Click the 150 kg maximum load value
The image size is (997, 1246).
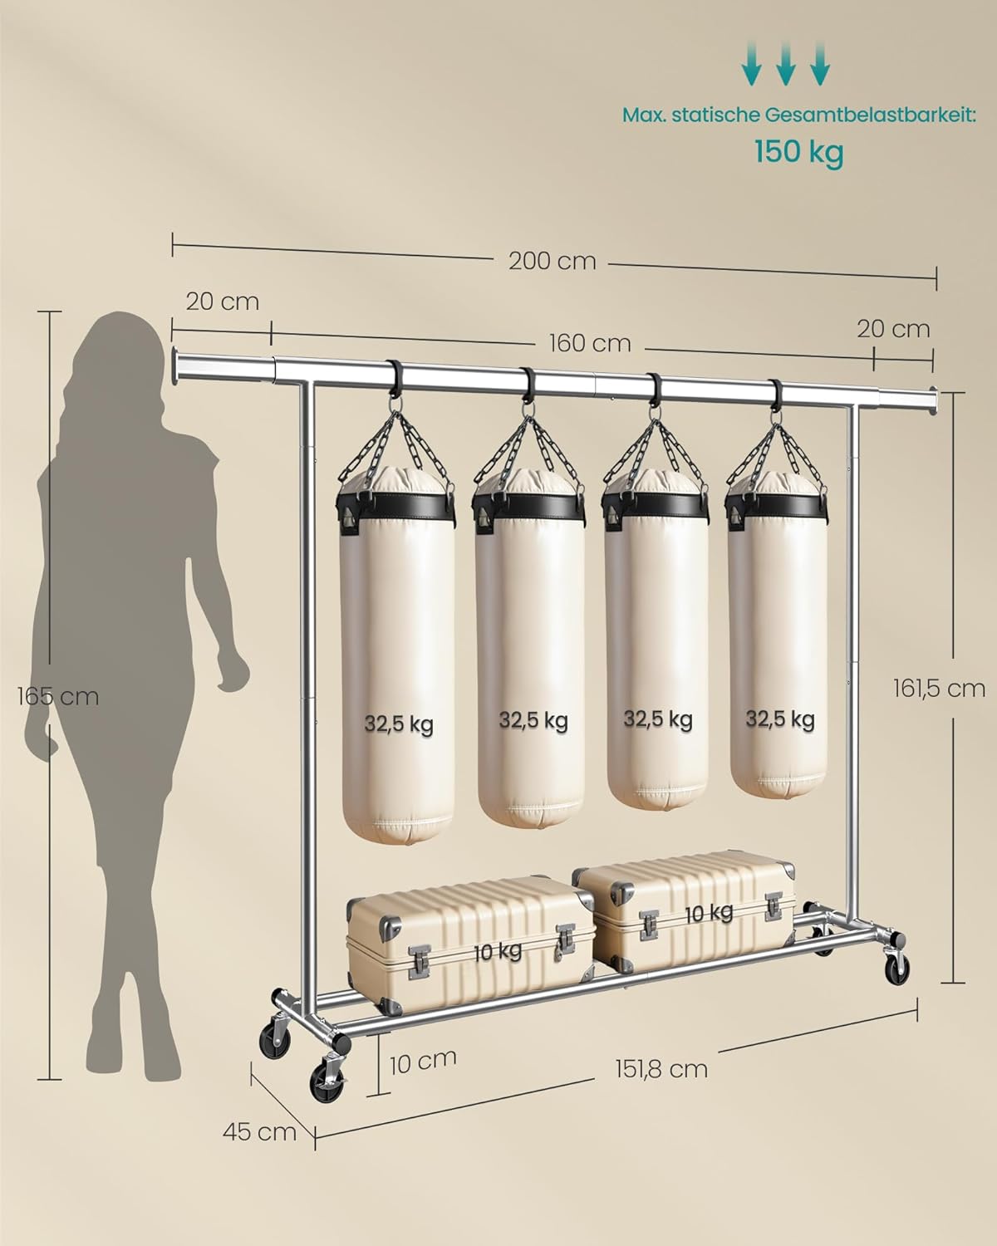(798, 152)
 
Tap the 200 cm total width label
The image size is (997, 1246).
(553, 261)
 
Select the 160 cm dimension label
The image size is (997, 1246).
(589, 343)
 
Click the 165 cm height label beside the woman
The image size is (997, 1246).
(58, 696)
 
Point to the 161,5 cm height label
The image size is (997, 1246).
(939, 688)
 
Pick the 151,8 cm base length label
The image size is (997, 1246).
(662, 1068)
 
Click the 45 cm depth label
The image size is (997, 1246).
(259, 1131)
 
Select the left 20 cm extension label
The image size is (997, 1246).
(222, 301)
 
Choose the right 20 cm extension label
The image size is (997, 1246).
(893, 329)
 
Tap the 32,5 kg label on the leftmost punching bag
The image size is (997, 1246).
(398, 724)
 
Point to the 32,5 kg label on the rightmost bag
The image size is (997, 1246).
(779, 719)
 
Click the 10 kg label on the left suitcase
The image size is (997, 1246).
(498, 952)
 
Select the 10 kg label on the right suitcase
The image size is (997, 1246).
(709, 914)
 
